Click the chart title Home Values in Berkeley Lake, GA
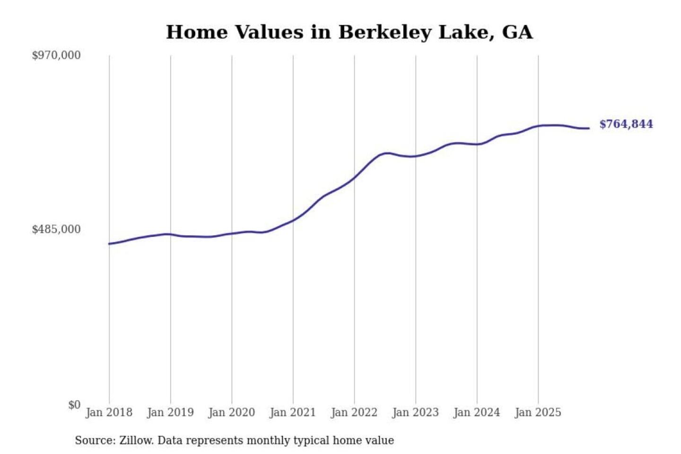tap(349, 32)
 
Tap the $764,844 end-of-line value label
tap(626, 124)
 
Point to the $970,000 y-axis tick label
tap(56, 55)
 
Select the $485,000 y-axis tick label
tap(56, 229)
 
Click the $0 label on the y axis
tap(74, 405)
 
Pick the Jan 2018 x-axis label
tap(109, 412)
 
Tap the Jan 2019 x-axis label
tap(170, 412)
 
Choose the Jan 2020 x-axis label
tap(231, 412)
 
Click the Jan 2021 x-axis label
tap(293, 412)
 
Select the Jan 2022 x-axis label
tap(354, 412)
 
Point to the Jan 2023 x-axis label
tap(415, 412)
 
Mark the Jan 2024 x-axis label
tap(477, 412)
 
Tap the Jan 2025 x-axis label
tap(538, 412)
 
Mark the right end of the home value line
tap(589, 128)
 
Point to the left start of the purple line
tap(109, 244)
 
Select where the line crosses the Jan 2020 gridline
tap(232, 233)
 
